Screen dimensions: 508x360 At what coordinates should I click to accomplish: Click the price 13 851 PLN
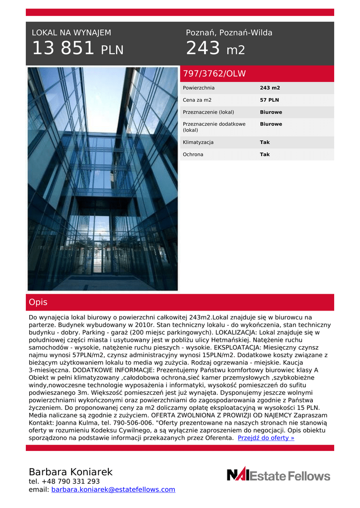77,49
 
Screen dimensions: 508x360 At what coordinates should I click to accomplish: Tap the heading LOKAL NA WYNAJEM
72,33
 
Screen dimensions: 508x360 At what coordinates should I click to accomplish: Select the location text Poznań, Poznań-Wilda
229,33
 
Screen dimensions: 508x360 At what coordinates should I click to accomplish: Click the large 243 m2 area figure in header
215,49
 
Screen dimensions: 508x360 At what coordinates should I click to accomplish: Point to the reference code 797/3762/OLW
215,74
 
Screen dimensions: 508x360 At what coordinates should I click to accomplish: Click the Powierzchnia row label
199,88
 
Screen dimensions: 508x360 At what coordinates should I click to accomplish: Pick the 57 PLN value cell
270,100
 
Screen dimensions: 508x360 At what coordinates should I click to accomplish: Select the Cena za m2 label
197,100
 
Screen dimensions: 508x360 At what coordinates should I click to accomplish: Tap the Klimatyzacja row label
198,142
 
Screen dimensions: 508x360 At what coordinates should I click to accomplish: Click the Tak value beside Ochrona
265,154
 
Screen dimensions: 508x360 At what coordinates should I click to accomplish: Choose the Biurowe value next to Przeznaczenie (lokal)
271,112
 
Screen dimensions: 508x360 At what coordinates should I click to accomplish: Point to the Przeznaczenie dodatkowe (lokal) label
214,127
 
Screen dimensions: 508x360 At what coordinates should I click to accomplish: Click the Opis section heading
38,302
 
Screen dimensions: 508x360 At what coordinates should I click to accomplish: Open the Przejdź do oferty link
266,438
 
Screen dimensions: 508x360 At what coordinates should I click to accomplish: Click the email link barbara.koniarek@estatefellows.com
113,490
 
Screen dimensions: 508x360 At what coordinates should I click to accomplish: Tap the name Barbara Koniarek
71,472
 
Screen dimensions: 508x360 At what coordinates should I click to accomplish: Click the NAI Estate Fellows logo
278,475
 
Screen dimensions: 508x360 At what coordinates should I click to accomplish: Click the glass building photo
102,179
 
